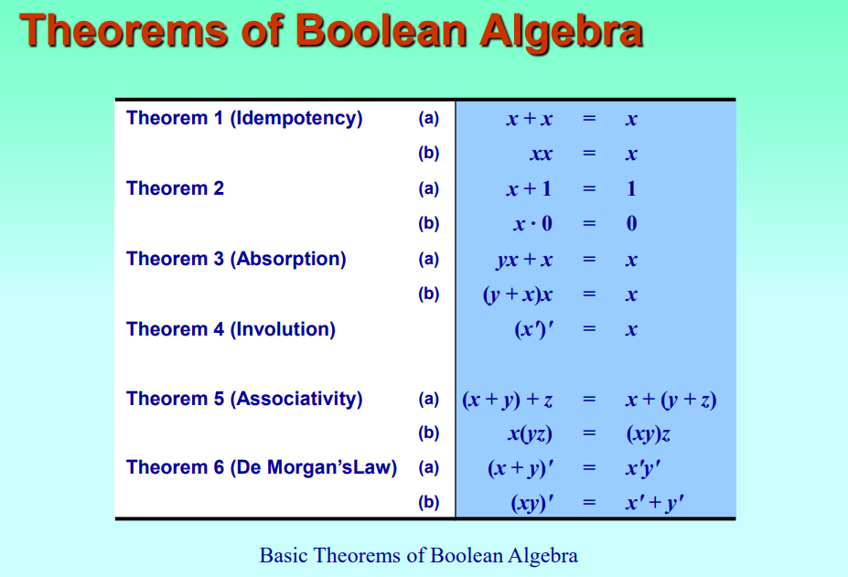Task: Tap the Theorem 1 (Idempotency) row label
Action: pos(244,118)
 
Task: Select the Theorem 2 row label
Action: pos(175,188)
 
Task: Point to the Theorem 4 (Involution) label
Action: pos(231,329)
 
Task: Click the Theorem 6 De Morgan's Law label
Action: pos(262,467)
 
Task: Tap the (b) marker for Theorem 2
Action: pos(428,223)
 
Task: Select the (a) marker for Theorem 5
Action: pos(428,399)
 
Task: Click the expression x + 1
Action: pos(529,188)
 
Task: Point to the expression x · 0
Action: pos(532,223)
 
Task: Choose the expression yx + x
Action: pos(524,260)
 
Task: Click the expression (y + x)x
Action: pos(518,294)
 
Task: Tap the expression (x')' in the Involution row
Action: pos(534,329)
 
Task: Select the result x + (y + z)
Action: pos(671,400)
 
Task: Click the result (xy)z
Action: pos(649,433)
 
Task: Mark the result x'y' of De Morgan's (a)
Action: pos(643,468)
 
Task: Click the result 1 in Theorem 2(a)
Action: pos(631,188)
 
